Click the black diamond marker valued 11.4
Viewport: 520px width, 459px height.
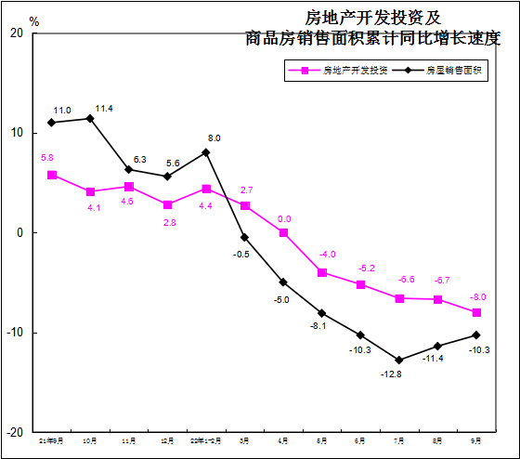[90, 118]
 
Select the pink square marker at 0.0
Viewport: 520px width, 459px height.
[283, 232]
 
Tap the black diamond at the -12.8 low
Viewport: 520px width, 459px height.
[399, 360]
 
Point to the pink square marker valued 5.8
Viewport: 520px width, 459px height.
[52, 175]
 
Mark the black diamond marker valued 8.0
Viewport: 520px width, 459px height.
[206, 152]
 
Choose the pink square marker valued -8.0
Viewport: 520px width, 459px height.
[476, 312]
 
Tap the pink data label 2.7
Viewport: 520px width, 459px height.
[247, 190]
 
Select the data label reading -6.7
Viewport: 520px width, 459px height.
[441, 280]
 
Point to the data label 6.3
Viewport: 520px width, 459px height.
[140, 160]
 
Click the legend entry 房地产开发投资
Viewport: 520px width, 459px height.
[343, 70]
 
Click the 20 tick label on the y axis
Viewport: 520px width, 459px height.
[16, 33]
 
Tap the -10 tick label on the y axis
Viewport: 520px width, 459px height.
[14, 333]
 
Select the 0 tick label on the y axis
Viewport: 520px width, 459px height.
[19, 232]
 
